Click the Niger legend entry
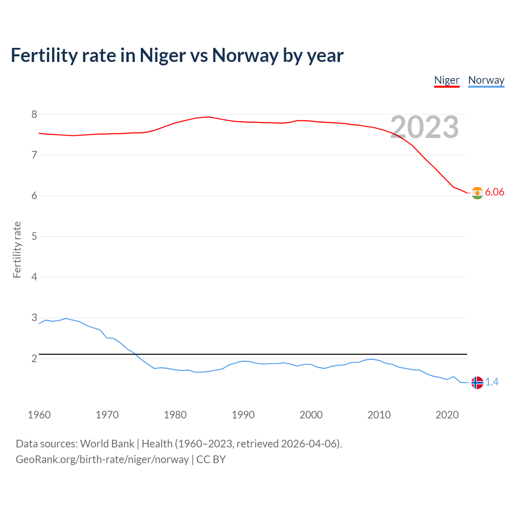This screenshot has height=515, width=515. click(x=447, y=80)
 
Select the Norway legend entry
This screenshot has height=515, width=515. click(x=486, y=80)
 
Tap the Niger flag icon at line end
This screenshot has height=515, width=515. click(x=477, y=193)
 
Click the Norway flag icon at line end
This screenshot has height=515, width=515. click(x=477, y=383)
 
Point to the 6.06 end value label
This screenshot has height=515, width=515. click(x=494, y=192)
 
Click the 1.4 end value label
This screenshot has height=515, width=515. click(x=492, y=382)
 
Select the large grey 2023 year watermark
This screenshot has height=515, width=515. click(x=424, y=127)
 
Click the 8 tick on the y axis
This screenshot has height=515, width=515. click(x=34, y=115)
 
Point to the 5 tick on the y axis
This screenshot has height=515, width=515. click(x=34, y=237)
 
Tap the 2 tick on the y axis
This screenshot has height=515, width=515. click(x=34, y=358)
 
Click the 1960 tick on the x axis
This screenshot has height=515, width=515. click(x=39, y=415)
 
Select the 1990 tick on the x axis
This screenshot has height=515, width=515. click(x=243, y=415)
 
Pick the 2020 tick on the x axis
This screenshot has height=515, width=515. click(x=447, y=415)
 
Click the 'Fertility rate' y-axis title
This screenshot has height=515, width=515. click(x=17, y=249)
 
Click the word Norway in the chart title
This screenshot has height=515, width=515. click(x=245, y=56)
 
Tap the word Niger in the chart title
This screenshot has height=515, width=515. click(x=163, y=56)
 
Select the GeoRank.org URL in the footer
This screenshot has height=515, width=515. click(x=102, y=459)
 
